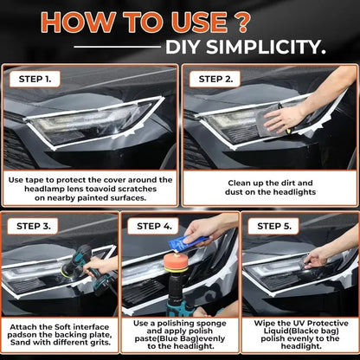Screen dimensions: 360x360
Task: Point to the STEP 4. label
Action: [155, 226]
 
